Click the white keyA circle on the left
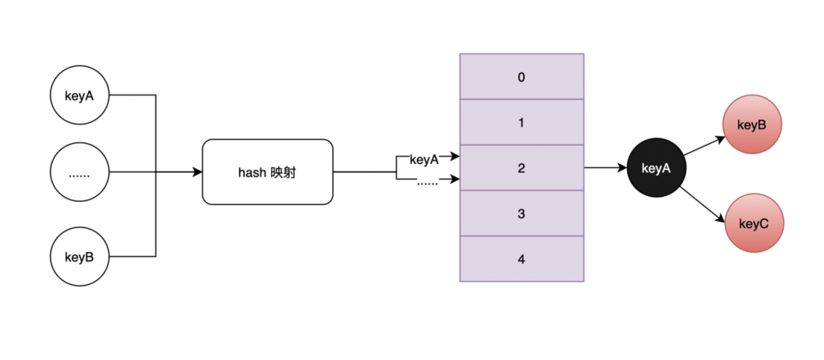79,95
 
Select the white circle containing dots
79,173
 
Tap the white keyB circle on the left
79,256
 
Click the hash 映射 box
267,172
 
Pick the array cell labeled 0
521,77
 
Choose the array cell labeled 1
521,123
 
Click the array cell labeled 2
521,168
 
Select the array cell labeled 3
521,213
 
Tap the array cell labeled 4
521,259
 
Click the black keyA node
656,168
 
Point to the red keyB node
751,126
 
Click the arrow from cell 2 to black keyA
605,168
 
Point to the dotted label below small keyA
427,183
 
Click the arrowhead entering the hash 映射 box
197,172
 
